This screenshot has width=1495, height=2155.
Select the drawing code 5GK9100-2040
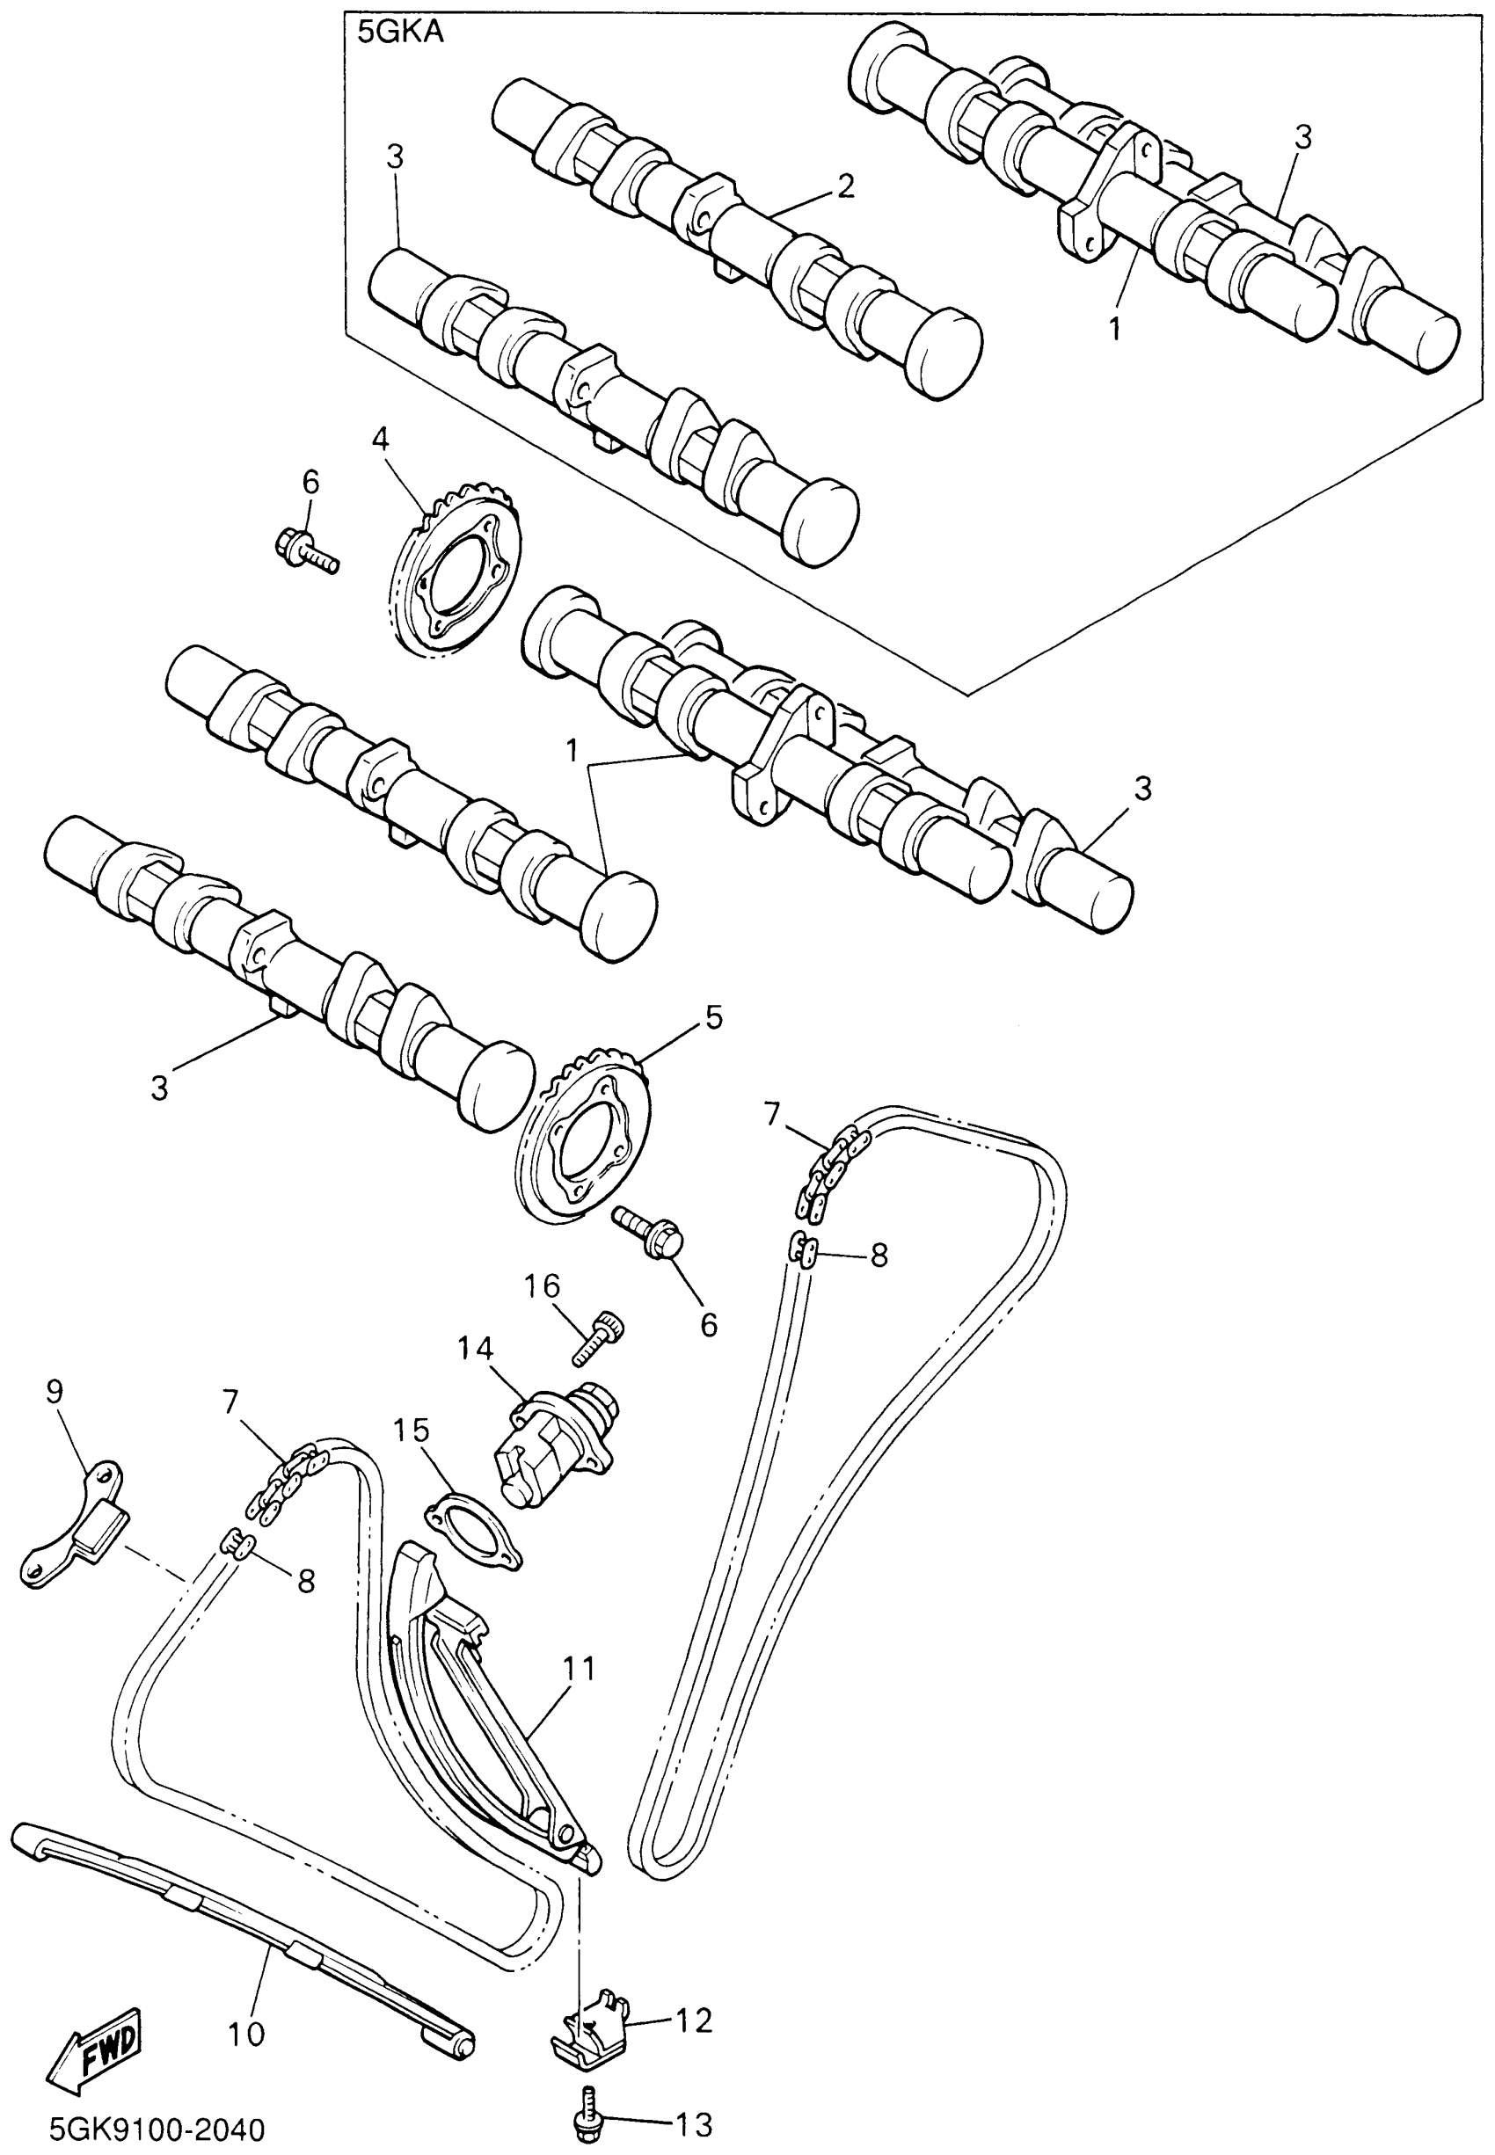coord(157,2130)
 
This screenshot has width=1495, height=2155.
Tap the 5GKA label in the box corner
coord(400,33)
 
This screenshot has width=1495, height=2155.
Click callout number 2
coord(845,186)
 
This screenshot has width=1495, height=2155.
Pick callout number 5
coord(714,1017)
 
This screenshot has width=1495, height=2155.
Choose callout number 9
coord(55,1392)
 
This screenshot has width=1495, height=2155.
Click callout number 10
coord(246,2034)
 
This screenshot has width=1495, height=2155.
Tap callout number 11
coord(579,1668)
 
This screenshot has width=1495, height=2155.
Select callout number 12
coord(694,2020)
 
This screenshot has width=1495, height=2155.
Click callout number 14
coord(475,1349)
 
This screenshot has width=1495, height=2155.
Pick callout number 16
coord(542,1286)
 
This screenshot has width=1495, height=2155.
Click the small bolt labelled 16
coord(599,1339)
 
